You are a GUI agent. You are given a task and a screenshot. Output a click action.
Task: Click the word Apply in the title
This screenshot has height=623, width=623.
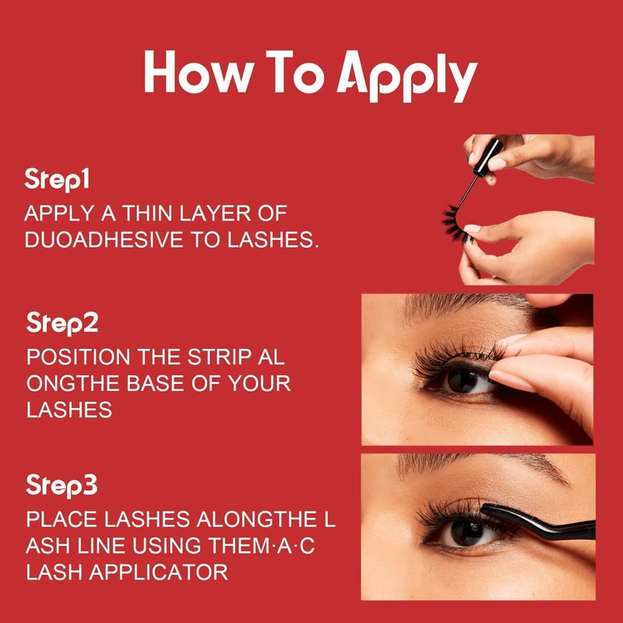click(407, 76)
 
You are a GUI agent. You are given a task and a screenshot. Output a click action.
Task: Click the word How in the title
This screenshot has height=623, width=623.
click(199, 72)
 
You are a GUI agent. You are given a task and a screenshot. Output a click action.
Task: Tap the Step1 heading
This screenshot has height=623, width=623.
click(56, 180)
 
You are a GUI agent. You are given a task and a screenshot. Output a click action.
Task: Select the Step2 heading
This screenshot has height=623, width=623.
click(62, 323)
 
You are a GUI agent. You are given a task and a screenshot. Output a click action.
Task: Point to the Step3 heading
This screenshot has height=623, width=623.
click(62, 485)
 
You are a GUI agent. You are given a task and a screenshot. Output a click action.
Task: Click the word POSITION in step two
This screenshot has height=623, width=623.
click(79, 357)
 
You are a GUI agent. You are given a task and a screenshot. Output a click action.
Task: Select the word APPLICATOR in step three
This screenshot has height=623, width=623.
click(159, 572)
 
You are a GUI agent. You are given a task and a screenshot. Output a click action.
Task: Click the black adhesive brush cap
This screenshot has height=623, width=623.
click(487, 157)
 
